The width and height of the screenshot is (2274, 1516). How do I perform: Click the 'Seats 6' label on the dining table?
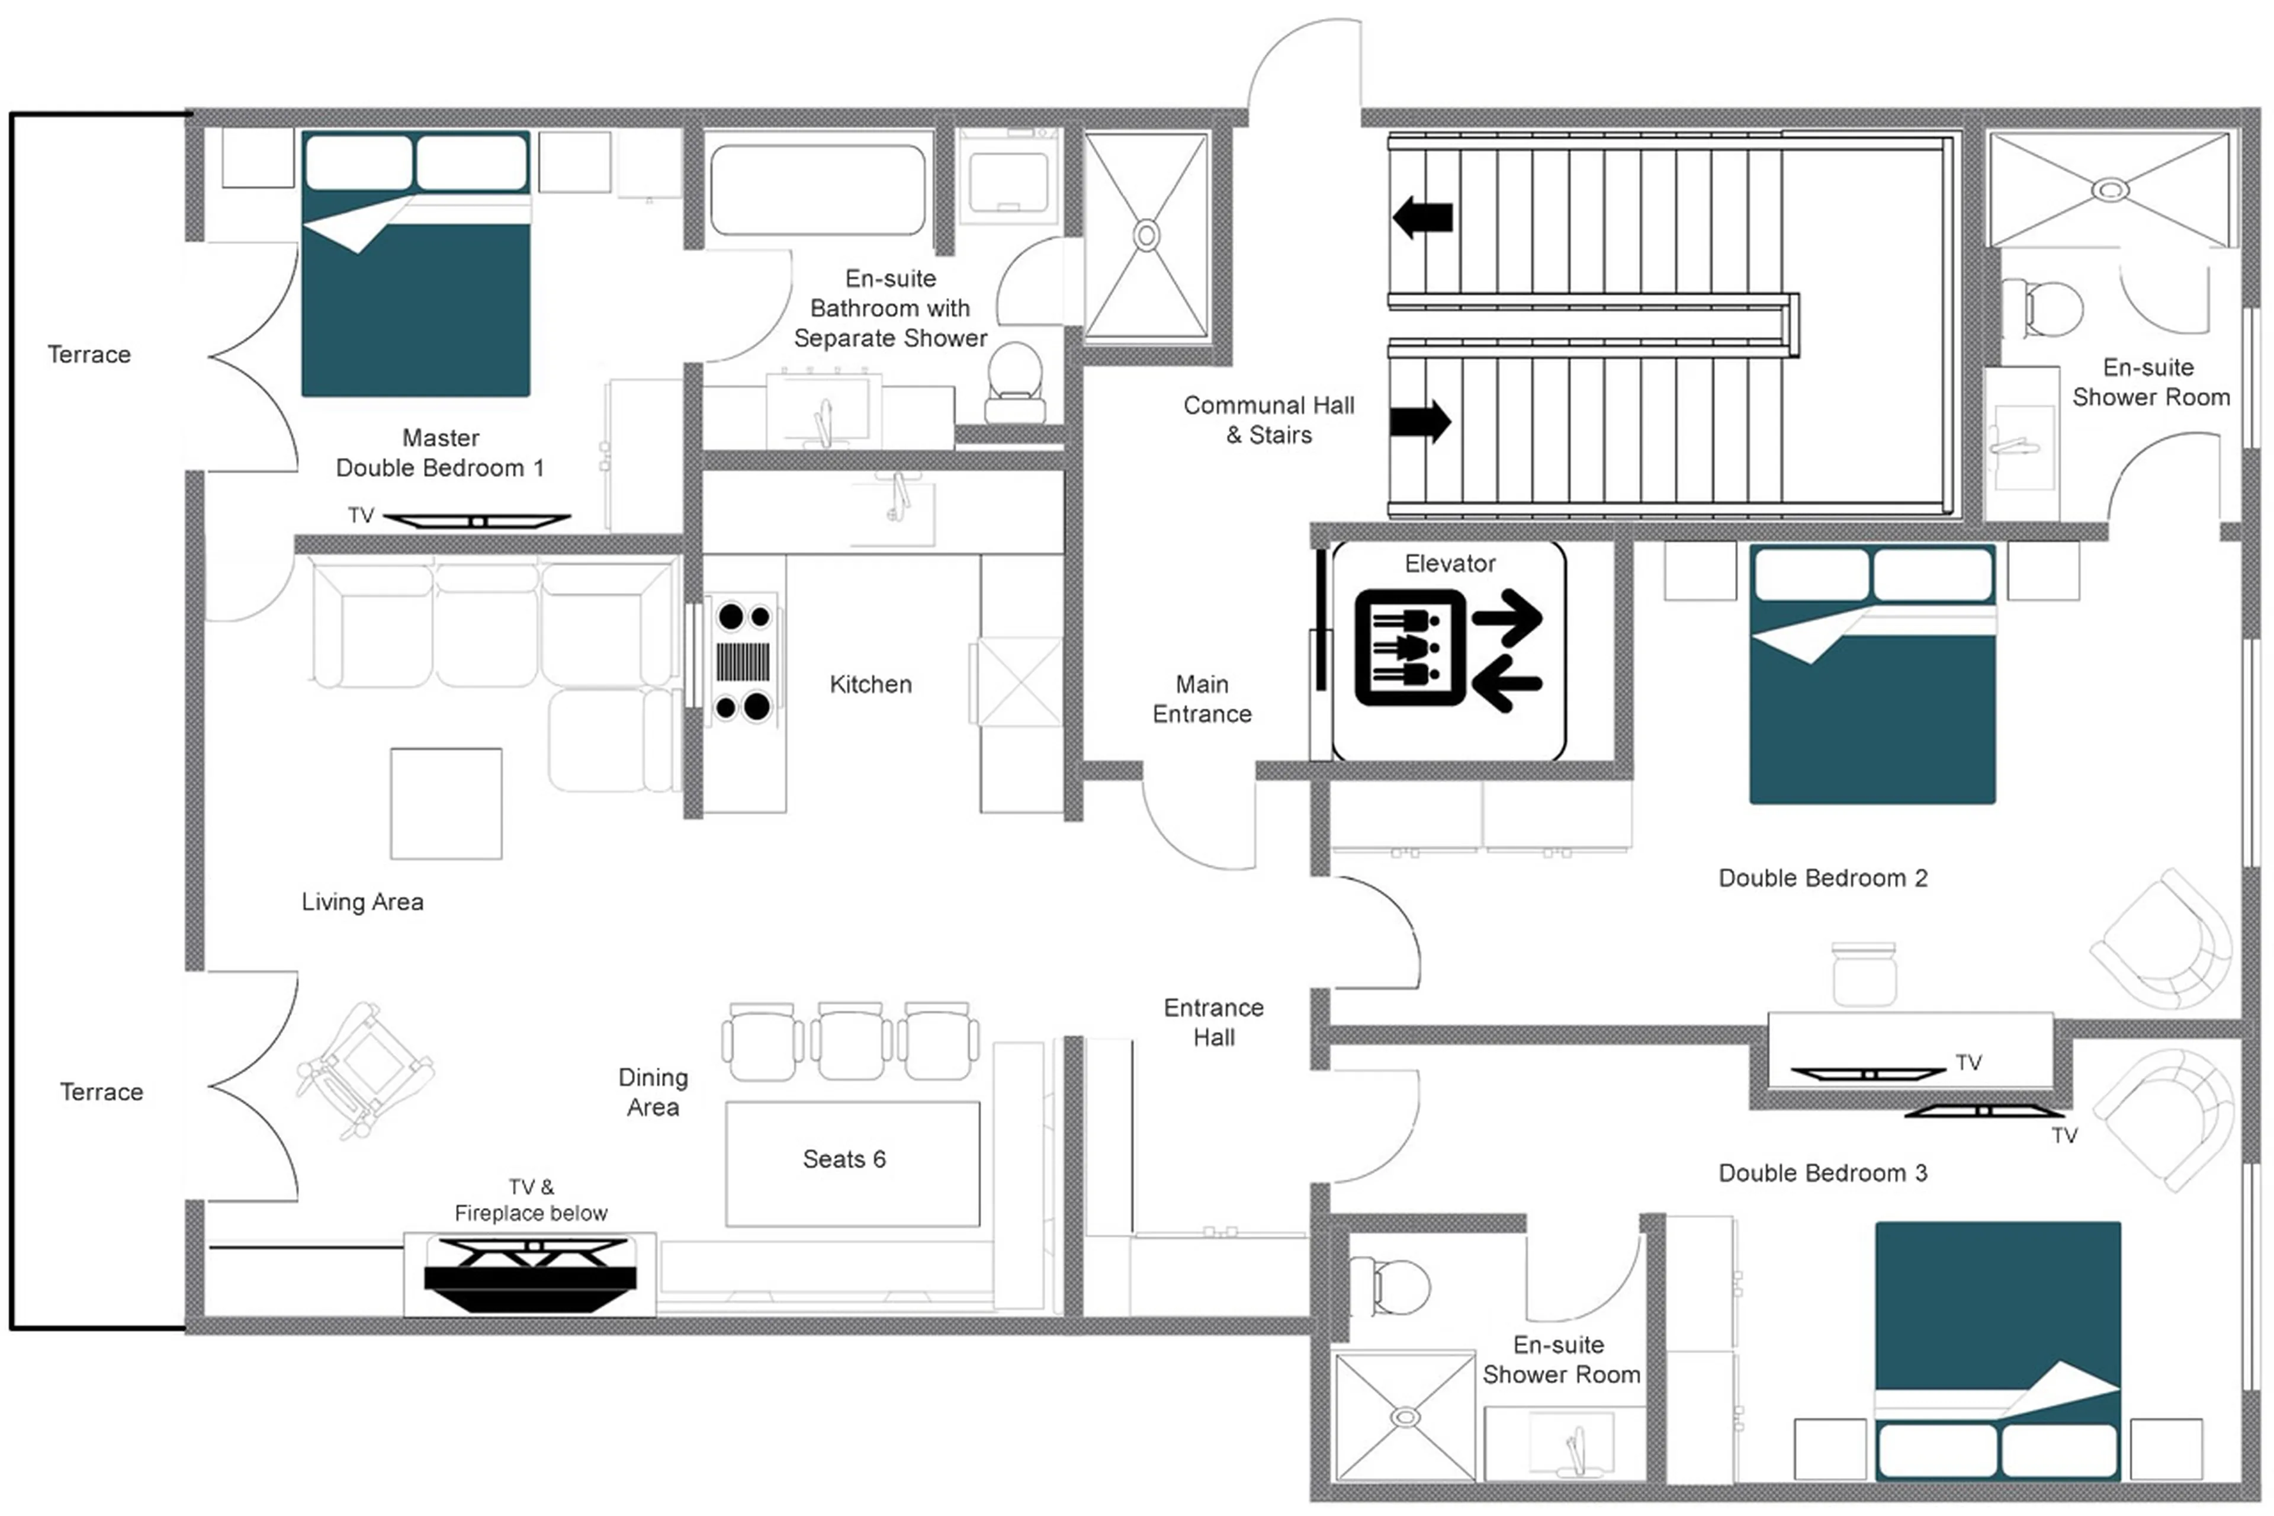tap(844, 1159)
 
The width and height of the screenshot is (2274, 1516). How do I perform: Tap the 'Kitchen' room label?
tap(870, 684)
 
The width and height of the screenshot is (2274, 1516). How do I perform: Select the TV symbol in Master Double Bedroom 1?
tap(477, 521)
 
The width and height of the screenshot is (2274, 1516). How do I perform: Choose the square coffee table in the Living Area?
tap(445, 803)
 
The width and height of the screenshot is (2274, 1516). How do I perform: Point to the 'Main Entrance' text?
tap(1202, 699)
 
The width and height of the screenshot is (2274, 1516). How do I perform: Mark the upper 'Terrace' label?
tap(89, 355)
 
